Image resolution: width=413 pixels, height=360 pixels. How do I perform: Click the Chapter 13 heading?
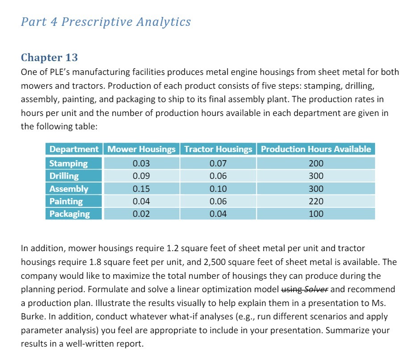pos(49,58)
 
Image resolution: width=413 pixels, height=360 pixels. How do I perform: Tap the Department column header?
pos(74,149)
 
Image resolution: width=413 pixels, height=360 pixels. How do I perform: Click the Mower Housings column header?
pos(142,149)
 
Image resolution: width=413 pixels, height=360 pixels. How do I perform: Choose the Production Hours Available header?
pos(316,149)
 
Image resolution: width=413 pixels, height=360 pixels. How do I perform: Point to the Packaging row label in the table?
pos(69,214)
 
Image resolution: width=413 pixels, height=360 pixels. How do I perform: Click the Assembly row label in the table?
pos(69,189)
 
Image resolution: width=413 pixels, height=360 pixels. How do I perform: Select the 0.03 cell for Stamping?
pos(142,163)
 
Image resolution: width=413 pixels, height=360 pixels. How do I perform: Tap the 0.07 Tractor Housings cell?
pos(218,163)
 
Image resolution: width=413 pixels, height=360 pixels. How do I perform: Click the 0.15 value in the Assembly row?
pos(142,189)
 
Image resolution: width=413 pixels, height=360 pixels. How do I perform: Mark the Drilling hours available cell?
pos(316,176)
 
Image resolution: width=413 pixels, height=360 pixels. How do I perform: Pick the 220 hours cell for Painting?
pos(316,201)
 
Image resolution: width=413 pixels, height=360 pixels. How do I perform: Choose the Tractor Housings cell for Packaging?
pos(218,214)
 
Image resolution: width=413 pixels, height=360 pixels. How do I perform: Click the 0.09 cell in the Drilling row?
pos(142,176)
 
